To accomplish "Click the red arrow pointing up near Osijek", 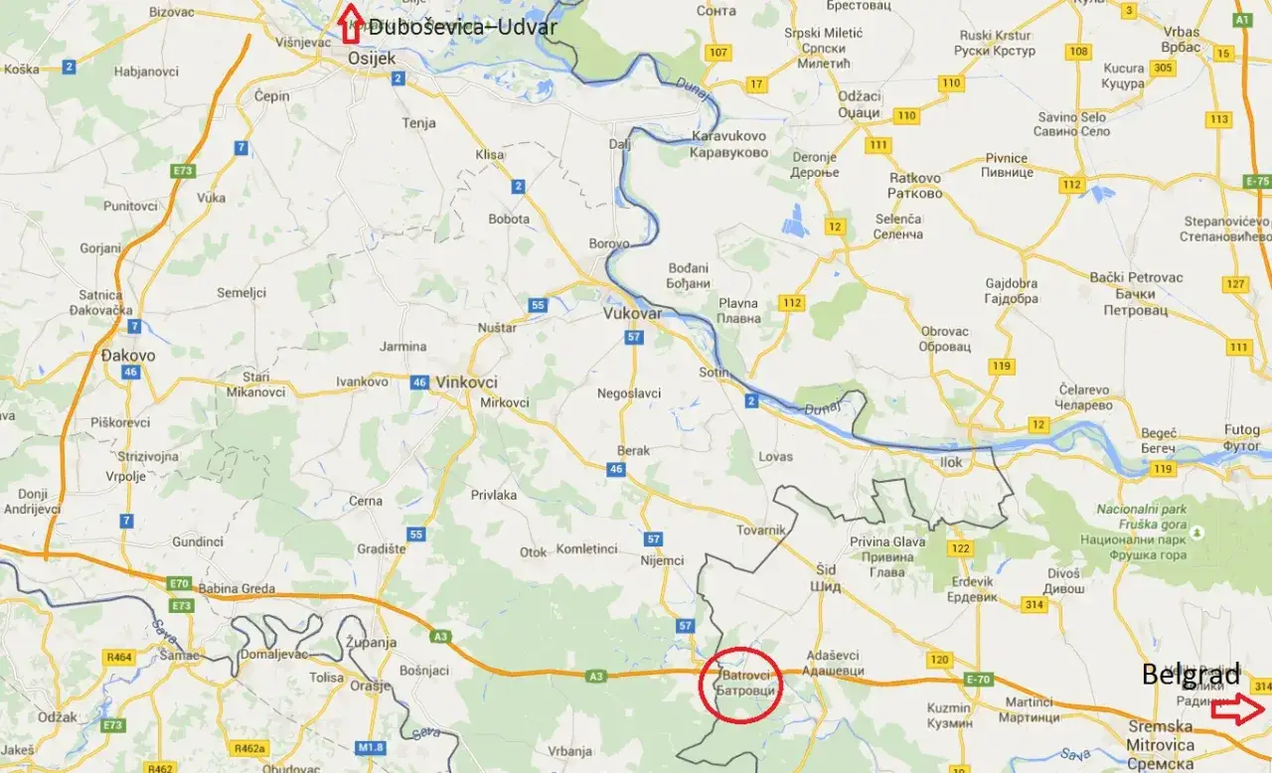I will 349,24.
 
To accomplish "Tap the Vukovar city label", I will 632,313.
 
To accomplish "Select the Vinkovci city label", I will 466,382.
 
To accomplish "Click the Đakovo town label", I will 129,355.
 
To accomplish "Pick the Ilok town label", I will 951,462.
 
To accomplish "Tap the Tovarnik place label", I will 760,531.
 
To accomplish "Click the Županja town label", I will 372,643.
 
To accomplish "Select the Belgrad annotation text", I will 1191,676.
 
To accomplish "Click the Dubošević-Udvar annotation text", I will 462,28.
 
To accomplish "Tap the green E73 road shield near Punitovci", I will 182,171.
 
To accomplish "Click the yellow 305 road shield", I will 1164,68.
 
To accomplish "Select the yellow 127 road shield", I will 1235,284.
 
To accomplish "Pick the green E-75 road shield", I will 1257,182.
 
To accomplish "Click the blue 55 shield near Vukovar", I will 538,305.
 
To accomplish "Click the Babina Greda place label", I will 237,589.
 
